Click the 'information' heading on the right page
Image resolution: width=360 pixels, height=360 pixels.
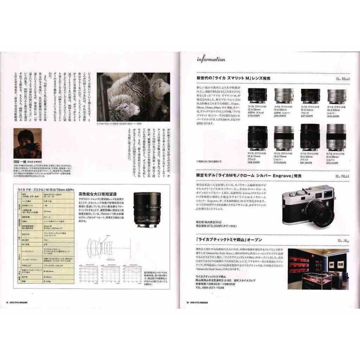coord(210,60)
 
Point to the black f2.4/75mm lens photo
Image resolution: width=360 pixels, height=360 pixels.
coord(257,137)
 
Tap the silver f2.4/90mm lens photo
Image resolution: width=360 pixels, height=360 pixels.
coord(336,137)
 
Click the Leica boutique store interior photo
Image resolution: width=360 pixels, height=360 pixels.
coord(319,268)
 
